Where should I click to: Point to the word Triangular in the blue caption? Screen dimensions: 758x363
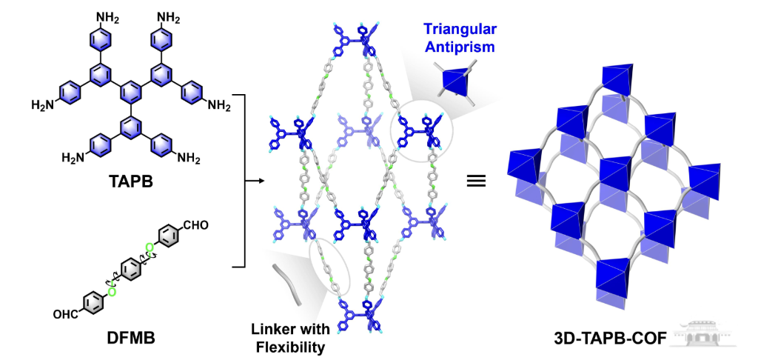tap(460, 30)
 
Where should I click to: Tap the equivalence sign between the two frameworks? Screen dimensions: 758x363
tap(475, 182)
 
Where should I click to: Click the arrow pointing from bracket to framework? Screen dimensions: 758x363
tap(255, 181)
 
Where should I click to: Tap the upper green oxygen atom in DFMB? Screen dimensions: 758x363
tap(150, 249)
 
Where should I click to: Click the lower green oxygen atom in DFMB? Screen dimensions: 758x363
tap(111, 292)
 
